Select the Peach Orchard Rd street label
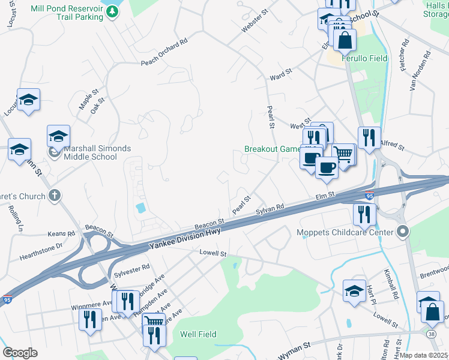(x=164, y=53)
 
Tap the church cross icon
(x=55, y=196)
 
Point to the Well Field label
(x=198, y=334)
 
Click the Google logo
(x=20, y=353)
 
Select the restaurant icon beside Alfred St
(x=369, y=137)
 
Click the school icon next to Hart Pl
(x=354, y=290)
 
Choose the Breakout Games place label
(x=272, y=149)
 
